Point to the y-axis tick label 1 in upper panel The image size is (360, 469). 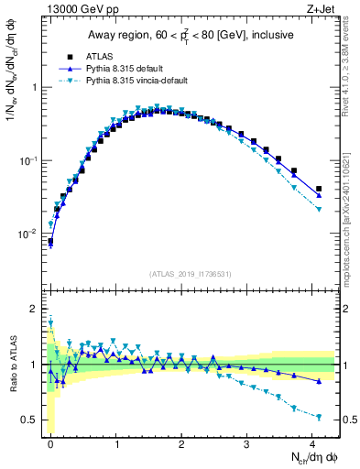35,88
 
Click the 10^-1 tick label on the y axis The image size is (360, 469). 29,160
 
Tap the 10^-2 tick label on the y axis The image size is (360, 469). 29,234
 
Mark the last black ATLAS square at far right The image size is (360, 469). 319,189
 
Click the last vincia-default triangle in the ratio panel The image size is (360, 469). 319,417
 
